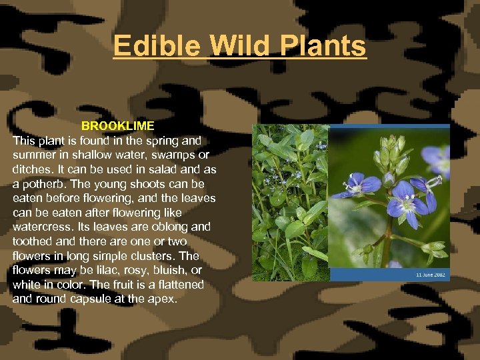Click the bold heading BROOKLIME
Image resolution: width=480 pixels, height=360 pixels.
[117, 126]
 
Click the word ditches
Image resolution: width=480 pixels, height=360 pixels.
[34, 169]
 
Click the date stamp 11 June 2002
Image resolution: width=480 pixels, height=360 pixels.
[431, 274]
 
